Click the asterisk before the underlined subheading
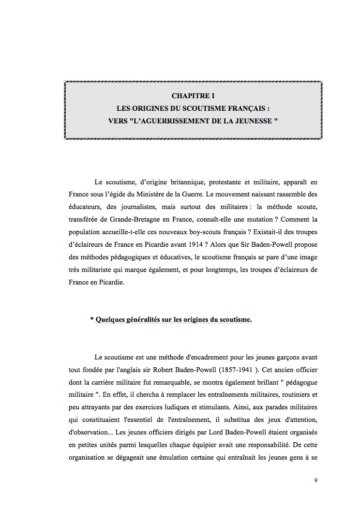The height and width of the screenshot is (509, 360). (x=92, y=320)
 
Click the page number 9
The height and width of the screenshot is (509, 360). (x=315, y=480)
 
